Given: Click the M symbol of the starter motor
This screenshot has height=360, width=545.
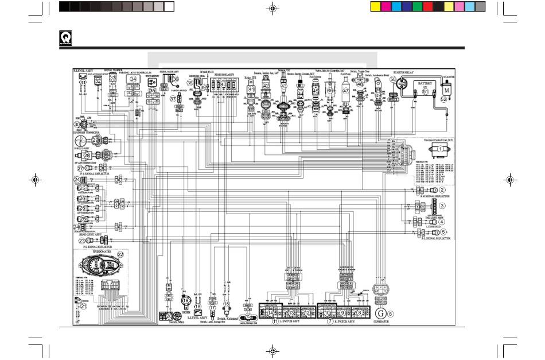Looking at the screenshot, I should tap(446, 91).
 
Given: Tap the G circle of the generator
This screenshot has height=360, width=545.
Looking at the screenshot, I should tap(379, 313).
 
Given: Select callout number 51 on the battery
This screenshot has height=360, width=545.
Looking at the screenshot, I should tap(425, 91).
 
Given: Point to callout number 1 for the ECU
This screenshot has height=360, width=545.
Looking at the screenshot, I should tap(441, 149).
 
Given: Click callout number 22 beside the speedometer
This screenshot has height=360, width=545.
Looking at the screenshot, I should tap(120, 254).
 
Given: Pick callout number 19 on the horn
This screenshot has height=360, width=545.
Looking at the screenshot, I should tap(185, 300).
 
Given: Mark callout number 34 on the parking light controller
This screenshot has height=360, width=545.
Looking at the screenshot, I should tap(133, 79).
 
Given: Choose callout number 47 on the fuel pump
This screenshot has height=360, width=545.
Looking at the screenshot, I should tap(346, 91).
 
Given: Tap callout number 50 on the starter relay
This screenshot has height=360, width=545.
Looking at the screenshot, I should tap(393, 80).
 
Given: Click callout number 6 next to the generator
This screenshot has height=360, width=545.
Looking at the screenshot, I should tap(391, 313).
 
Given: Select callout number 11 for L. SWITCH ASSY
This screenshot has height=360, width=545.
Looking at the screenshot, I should tap(275, 322).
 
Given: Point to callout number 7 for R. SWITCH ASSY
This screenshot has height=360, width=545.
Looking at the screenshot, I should tap(330, 322).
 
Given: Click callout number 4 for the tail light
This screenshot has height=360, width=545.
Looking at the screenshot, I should tap(442, 222).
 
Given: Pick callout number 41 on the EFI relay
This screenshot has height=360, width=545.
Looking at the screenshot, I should tap(251, 90).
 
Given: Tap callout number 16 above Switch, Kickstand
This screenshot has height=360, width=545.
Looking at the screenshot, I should tap(226, 304).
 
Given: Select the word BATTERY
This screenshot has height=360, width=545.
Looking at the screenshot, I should tap(425, 83).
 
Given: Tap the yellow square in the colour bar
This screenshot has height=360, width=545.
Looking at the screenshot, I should tap(376, 6).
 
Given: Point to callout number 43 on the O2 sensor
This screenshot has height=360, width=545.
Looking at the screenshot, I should tap(283, 86).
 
